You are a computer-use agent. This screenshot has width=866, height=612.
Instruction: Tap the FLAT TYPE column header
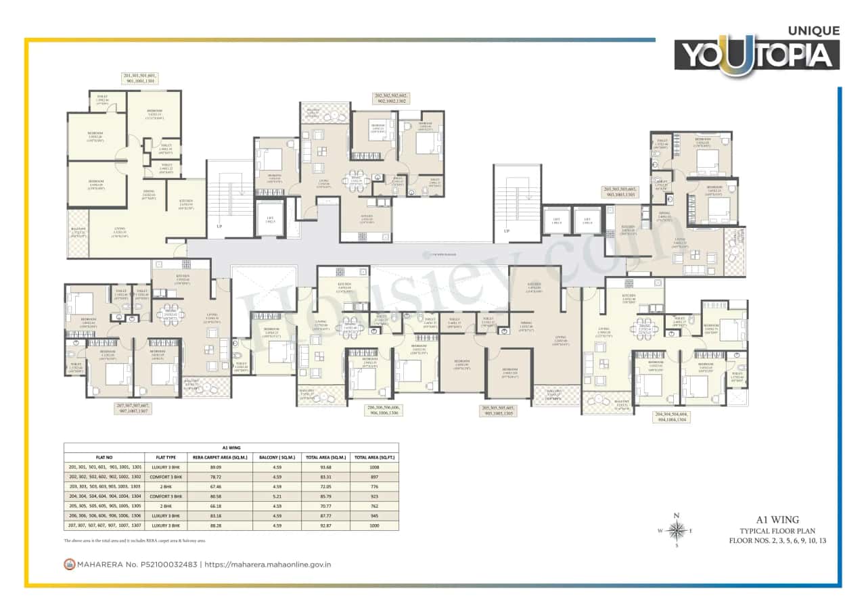click(x=166, y=457)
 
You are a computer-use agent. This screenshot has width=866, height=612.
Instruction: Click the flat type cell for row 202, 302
click(x=166, y=476)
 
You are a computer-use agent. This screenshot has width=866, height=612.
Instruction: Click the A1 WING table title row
click(x=231, y=448)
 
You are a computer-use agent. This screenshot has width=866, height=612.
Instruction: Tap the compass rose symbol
click(x=676, y=529)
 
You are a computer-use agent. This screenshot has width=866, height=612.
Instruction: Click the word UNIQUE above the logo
click(x=814, y=30)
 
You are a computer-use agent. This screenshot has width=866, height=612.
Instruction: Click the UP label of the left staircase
click(x=219, y=225)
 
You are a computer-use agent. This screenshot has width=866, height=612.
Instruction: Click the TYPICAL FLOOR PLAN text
click(x=777, y=531)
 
